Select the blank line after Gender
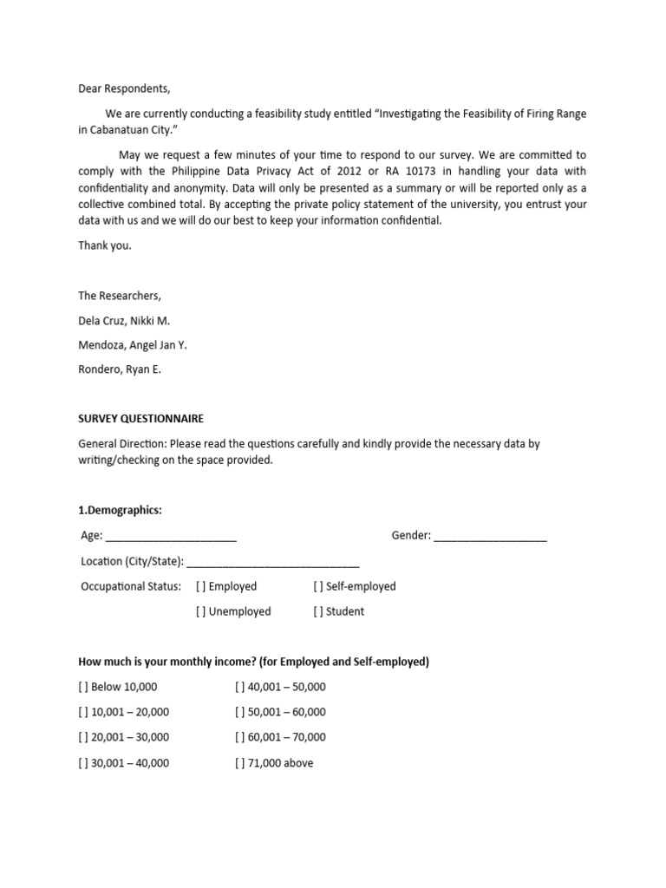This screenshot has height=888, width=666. [x=490, y=538]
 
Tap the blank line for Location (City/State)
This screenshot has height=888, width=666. [x=272, y=563]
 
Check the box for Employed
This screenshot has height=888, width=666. [x=201, y=586]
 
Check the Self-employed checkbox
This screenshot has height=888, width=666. [x=318, y=586]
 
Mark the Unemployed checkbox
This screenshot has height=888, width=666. [x=201, y=611]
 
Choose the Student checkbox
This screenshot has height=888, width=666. [x=318, y=611]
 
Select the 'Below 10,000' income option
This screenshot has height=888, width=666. [x=84, y=687]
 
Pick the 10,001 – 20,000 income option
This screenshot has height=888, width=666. [x=84, y=712]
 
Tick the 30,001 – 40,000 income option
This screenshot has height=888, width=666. [x=84, y=763]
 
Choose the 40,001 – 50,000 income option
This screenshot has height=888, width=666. [x=240, y=687]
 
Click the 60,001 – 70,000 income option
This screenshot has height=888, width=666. [x=240, y=737]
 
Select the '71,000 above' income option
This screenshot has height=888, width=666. [x=240, y=763]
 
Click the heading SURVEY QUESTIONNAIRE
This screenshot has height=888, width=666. [x=141, y=418]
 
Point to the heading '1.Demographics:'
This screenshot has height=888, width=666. [x=121, y=510]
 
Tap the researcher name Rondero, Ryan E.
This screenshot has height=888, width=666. [x=120, y=369]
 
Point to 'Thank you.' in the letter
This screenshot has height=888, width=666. [x=105, y=245]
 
